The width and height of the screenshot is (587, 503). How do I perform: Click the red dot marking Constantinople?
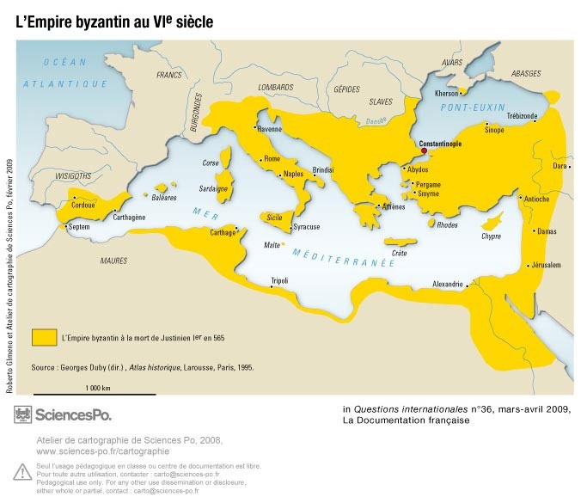click(423, 152)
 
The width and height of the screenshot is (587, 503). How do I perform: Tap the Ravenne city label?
click(271, 130)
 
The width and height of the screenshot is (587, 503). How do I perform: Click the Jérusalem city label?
click(546, 265)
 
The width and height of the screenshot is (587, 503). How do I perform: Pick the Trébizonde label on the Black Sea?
click(522, 115)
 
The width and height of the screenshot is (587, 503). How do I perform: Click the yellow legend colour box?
click(45, 335)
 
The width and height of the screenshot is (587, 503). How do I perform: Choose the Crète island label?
click(399, 254)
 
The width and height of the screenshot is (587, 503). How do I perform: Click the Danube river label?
click(375, 122)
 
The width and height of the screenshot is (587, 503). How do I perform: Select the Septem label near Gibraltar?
click(79, 227)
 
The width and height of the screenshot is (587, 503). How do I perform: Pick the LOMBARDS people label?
click(275, 88)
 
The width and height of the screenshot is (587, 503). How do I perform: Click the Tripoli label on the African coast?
click(279, 281)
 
